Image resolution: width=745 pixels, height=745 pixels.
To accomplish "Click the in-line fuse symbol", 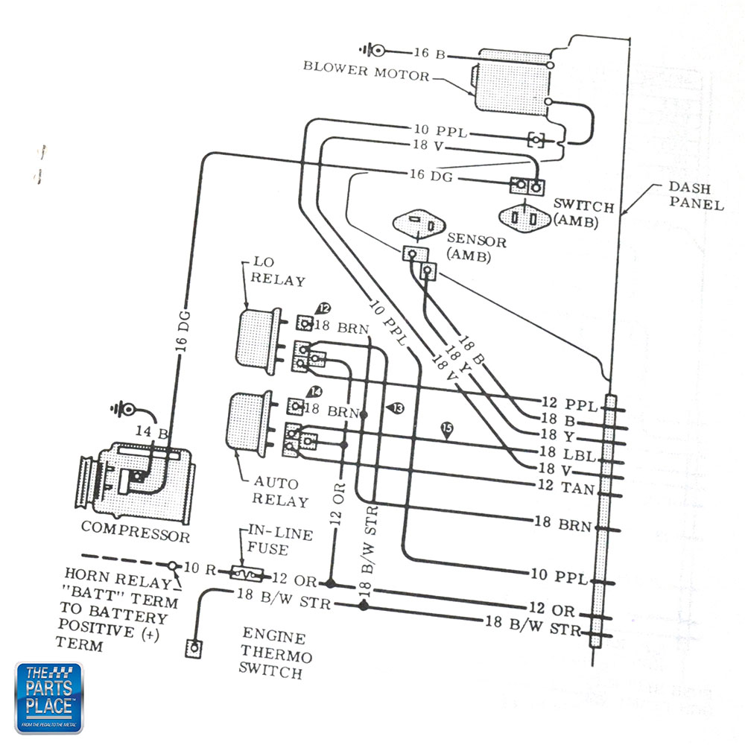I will click(x=246, y=574).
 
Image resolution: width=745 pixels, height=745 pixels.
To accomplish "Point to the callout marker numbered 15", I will click(x=447, y=428).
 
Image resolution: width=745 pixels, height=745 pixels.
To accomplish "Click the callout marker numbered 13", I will click(x=395, y=408).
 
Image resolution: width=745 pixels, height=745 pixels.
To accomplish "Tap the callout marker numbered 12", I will click(x=323, y=308).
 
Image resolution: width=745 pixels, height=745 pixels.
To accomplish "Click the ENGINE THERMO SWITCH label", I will click(x=275, y=655).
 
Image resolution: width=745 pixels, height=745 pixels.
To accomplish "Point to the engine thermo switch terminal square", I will click(x=194, y=647).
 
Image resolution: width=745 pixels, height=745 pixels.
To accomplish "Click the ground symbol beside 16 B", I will click(x=372, y=51).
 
